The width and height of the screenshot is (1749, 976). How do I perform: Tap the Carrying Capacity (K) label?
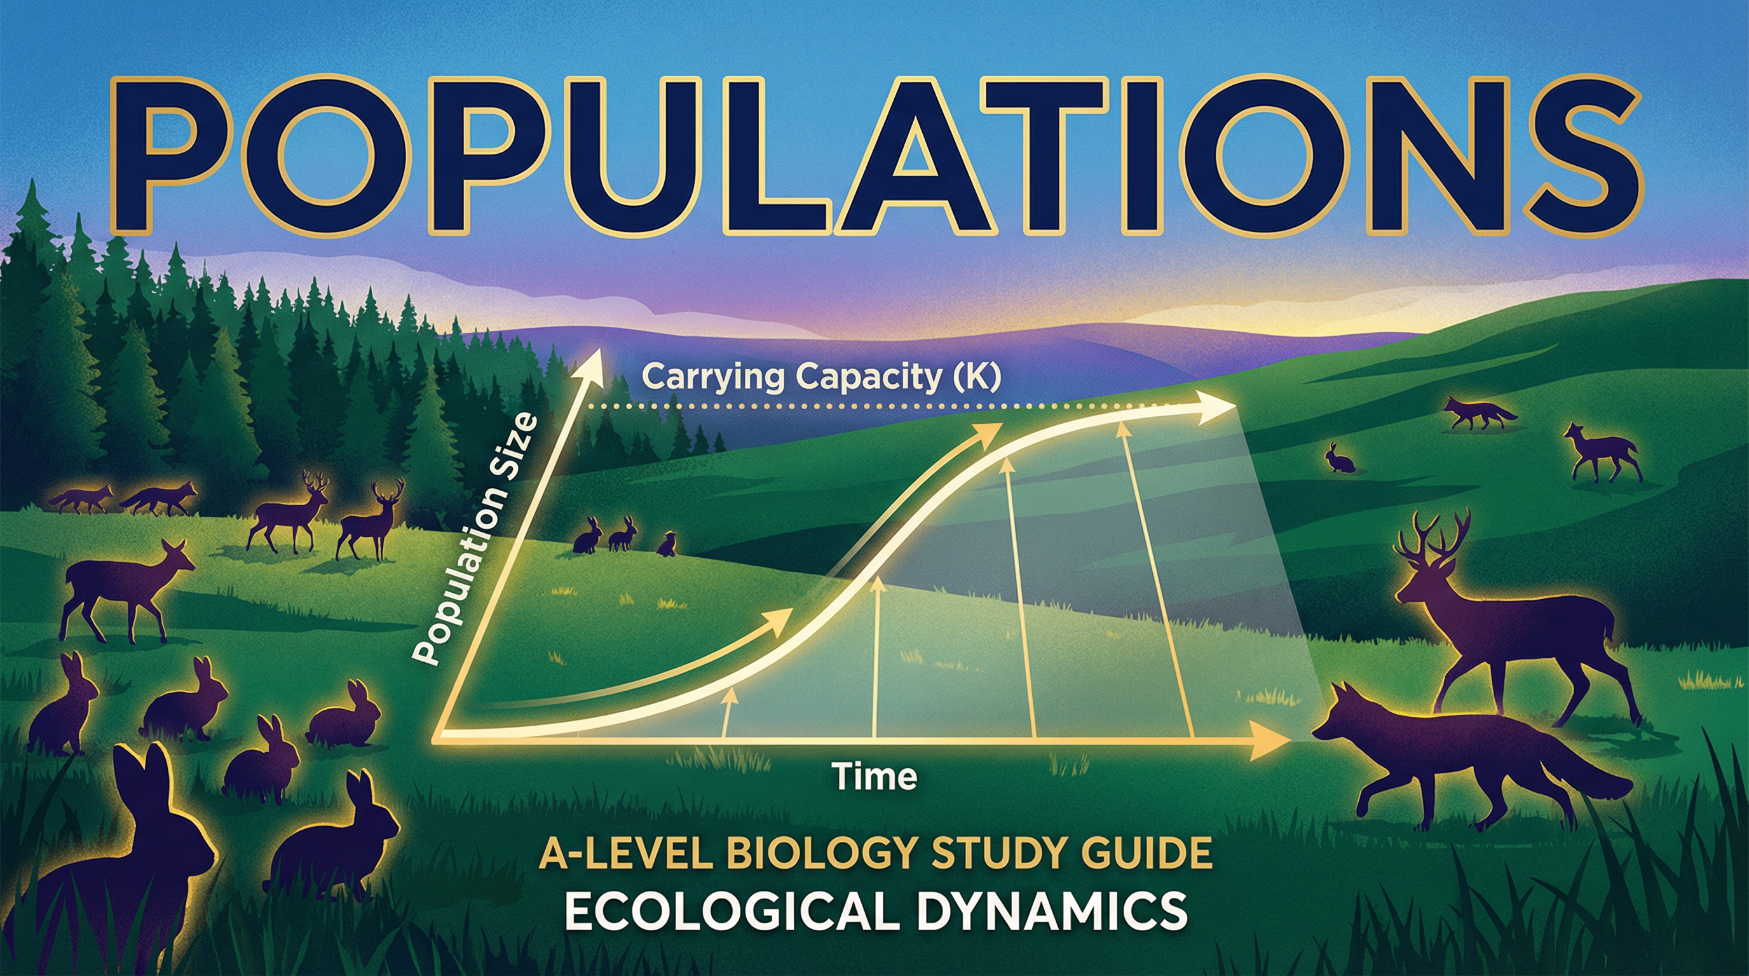pos(821,377)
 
